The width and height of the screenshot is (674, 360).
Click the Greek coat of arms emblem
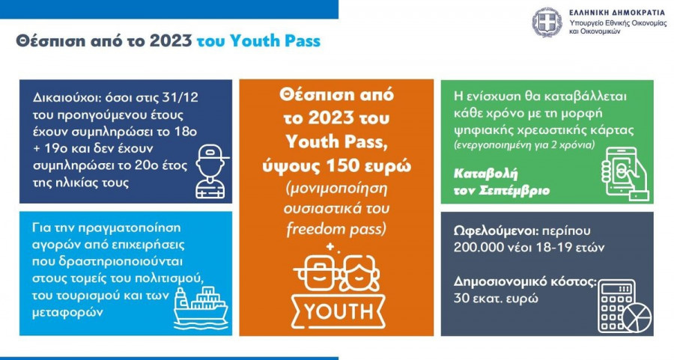(547, 22)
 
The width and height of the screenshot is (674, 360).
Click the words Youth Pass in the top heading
(275, 41)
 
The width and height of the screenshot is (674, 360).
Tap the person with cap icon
(210, 171)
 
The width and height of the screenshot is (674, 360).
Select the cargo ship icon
(201, 305)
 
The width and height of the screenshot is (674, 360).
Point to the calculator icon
(617, 305)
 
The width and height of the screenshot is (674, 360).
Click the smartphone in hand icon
(624, 174)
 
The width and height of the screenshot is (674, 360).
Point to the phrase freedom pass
(336, 229)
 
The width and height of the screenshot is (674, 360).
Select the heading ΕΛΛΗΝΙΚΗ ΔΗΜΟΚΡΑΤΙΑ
(618, 13)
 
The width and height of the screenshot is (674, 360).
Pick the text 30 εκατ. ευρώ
(496, 298)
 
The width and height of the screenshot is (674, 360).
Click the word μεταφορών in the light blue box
(68, 312)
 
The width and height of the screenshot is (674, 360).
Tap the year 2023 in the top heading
(171, 41)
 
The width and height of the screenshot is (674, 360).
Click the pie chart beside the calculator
(637, 317)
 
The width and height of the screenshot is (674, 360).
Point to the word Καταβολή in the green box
(486, 174)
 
